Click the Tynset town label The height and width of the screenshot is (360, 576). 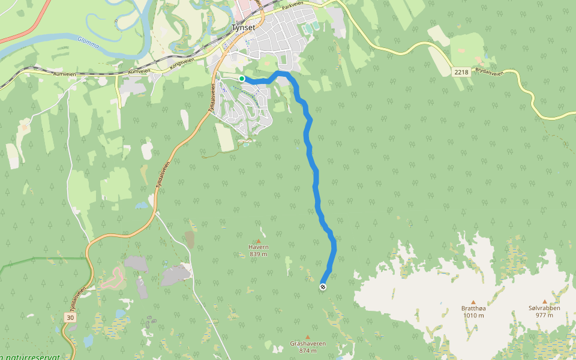(244, 27)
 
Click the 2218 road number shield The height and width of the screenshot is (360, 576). (461, 72)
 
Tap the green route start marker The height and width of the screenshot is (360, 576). (242, 79)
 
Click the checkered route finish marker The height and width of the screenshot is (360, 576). (323, 287)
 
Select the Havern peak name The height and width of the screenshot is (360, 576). (259, 247)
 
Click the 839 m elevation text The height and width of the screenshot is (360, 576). (259, 254)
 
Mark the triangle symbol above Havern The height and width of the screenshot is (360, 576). (259, 241)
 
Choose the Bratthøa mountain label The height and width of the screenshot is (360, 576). (473, 308)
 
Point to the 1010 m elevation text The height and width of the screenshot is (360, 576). (473, 316)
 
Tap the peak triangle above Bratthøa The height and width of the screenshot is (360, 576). (473, 302)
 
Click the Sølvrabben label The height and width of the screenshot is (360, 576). (544, 308)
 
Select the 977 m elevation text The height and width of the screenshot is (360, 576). (544, 316)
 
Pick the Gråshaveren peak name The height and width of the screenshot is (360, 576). (308, 344)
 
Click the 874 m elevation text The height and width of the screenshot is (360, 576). (308, 351)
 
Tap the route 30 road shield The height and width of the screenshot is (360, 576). (70, 317)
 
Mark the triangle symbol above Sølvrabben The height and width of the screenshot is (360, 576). (545, 302)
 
